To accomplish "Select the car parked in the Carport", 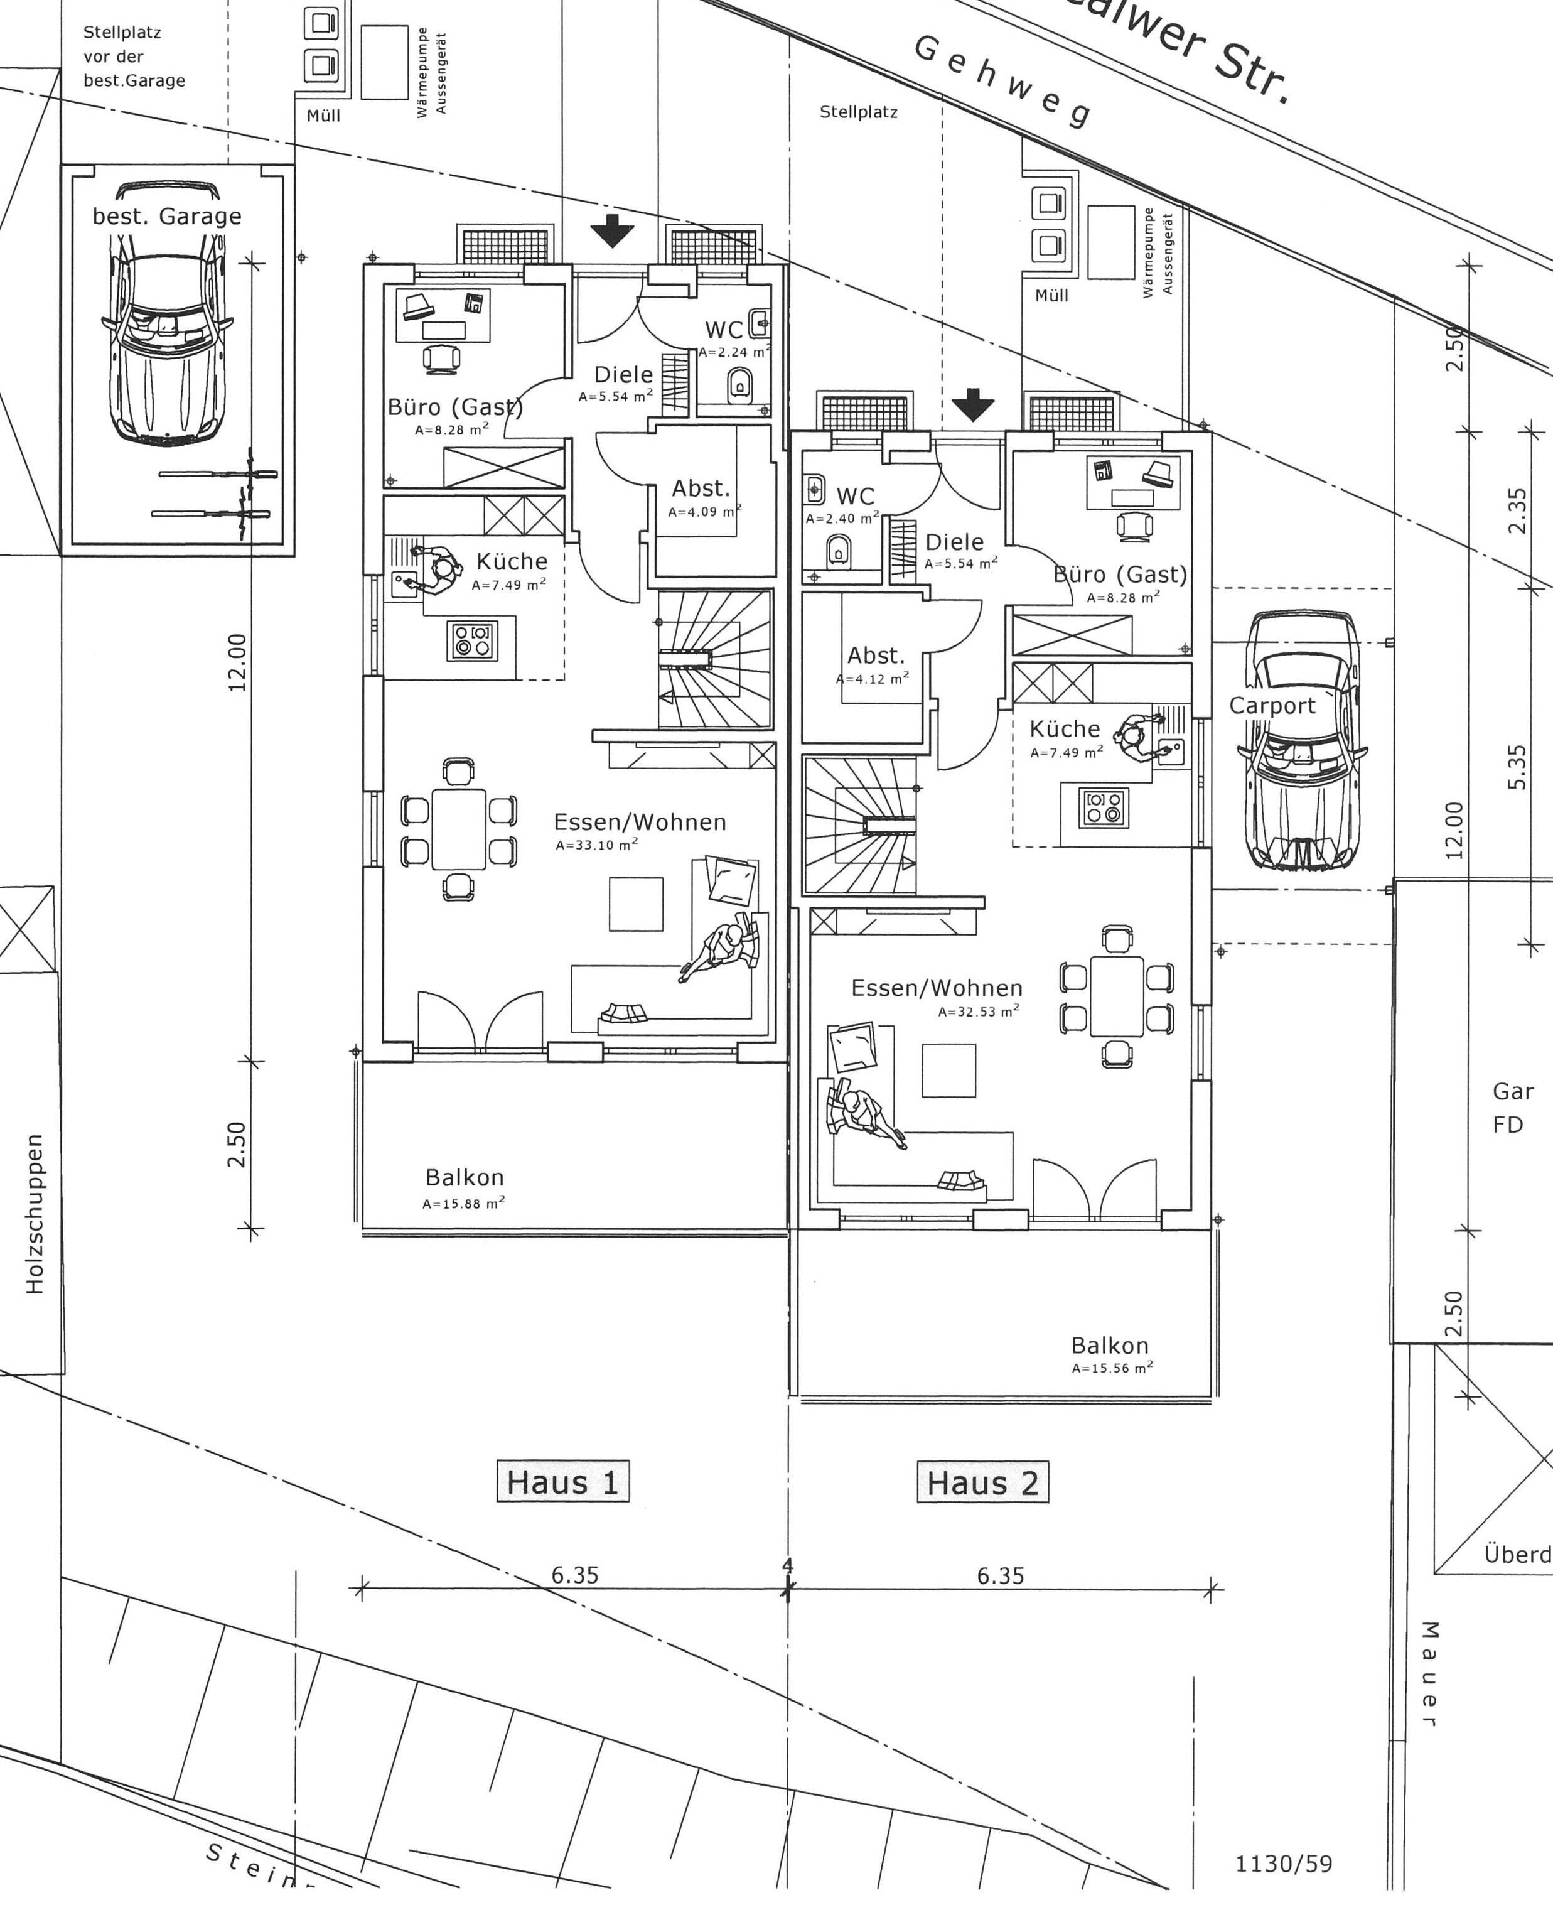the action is pyautogui.click(x=1303, y=742).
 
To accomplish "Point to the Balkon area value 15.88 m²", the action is pyautogui.click(x=463, y=1204).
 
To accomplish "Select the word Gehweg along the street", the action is pyautogui.click(x=1002, y=82).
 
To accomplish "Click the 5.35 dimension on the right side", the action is pyautogui.click(x=1517, y=767).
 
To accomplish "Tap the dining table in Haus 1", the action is pyautogui.click(x=459, y=829).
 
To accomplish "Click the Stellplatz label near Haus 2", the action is pyautogui.click(x=858, y=113).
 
